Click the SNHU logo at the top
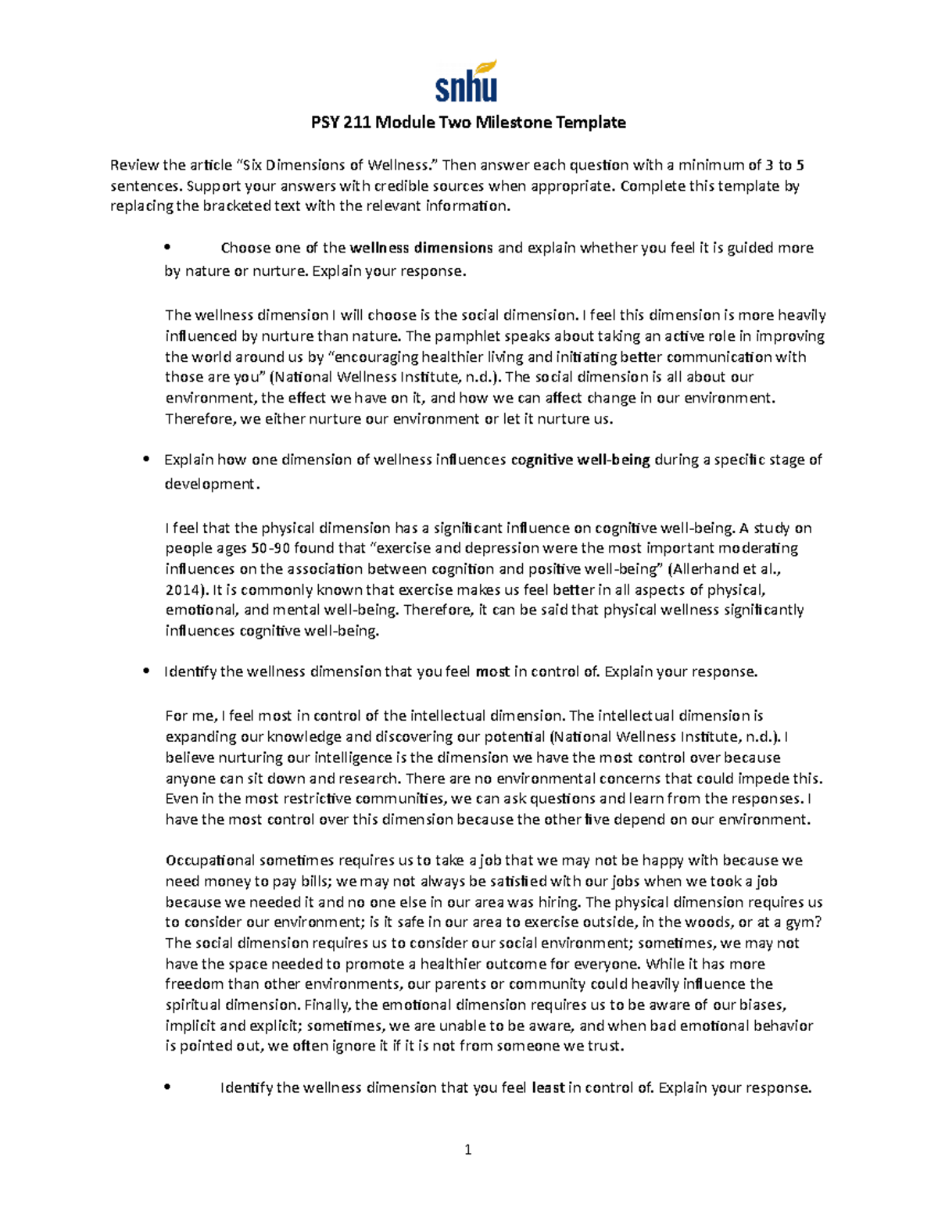[x=467, y=81]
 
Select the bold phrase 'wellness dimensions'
[x=421, y=248]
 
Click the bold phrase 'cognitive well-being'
[x=580, y=460]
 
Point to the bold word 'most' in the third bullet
[x=492, y=671]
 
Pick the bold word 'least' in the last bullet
[x=548, y=1087]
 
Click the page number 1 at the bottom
[x=468, y=1149]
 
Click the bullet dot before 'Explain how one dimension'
[x=146, y=460]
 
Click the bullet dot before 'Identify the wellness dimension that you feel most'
[x=146, y=671]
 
